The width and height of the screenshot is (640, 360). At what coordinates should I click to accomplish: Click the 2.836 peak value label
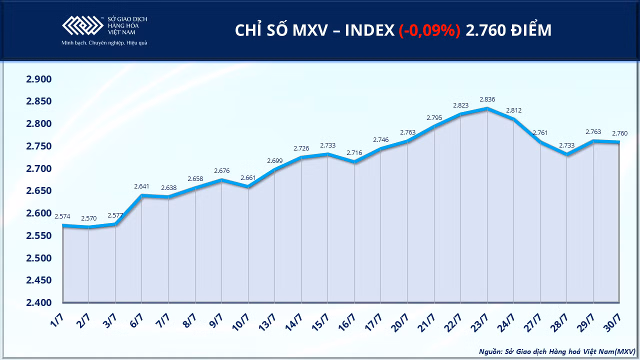point(487,99)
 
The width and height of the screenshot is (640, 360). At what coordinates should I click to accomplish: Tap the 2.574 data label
point(62,216)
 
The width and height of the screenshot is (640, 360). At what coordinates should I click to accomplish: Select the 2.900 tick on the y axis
point(39,79)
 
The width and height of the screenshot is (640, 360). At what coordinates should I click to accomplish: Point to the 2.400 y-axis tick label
point(39,302)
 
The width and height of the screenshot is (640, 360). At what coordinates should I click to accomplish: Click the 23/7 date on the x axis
point(479,322)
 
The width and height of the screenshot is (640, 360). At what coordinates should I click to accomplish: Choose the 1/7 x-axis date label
point(56,319)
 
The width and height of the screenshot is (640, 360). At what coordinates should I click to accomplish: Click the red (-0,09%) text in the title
point(429,30)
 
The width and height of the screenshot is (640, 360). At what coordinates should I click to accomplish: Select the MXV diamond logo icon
point(83,25)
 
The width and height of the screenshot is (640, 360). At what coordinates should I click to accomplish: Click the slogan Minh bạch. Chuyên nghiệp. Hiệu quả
point(104,43)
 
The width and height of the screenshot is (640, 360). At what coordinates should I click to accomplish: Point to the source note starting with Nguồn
point(557,351)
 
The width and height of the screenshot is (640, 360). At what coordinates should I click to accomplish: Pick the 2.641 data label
point(141,186)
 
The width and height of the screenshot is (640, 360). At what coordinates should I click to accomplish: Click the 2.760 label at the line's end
point(619,133)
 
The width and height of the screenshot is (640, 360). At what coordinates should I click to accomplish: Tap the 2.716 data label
point(354,153)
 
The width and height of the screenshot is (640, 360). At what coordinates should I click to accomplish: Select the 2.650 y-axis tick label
point(39,190)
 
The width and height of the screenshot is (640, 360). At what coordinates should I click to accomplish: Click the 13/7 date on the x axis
point(267,322)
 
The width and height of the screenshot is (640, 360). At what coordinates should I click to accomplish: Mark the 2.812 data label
point(513,110)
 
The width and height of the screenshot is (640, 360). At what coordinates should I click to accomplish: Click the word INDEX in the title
point(369,30)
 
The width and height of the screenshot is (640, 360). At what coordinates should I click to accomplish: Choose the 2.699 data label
point(275,161)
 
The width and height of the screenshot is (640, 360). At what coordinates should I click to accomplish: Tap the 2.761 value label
point(540,133)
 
